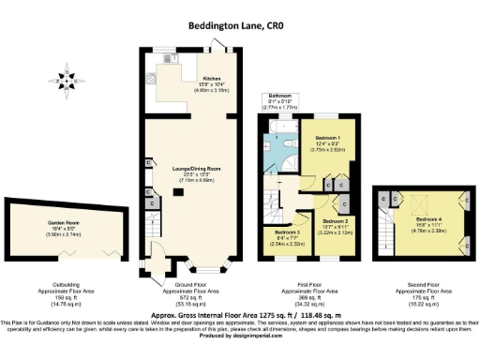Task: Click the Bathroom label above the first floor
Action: click(280, 96)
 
